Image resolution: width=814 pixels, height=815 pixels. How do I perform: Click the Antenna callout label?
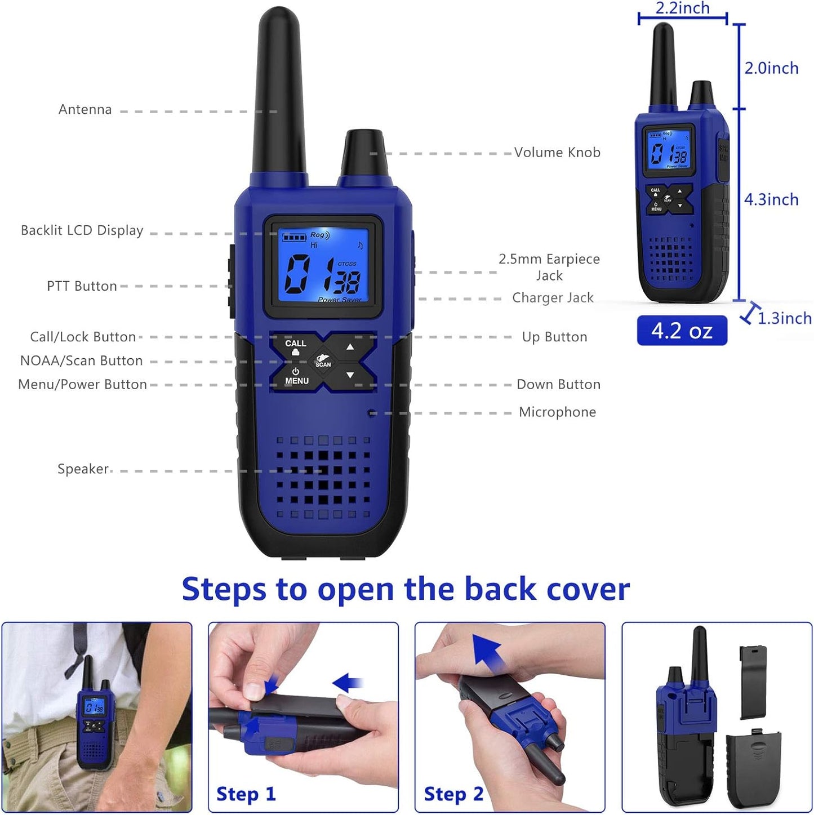(x=85, y=109)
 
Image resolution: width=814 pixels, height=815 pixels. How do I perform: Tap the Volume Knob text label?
(x=557, y=153)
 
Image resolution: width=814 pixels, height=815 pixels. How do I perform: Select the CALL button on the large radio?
(x=295, y=346)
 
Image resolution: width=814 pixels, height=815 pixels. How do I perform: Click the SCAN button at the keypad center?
(x=323, y=361)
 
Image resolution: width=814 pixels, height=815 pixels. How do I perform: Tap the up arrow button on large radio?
(x=350, y=347)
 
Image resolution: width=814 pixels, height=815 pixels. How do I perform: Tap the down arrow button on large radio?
(x=350, y=375)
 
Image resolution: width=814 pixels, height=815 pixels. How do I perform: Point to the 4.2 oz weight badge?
(x=682, y=331)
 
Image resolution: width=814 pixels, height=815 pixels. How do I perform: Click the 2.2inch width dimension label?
(x=682, y=8)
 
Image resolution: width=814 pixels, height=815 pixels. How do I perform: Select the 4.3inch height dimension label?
(x=771, y=199)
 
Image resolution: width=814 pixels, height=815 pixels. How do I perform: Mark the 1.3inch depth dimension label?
(x=784, y=318)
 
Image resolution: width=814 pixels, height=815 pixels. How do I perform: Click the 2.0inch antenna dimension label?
(x=771, y=68)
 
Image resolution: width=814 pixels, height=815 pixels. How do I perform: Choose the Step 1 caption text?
(x=246, y=794)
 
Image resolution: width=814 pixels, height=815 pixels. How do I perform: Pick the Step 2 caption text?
(x=453, y=794)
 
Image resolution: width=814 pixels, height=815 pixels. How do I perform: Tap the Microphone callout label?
(x=557, y=412)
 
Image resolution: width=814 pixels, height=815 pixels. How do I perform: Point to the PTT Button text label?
(x=82, y=286)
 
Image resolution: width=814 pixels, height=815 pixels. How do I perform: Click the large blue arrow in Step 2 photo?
(x=488, y=653)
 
